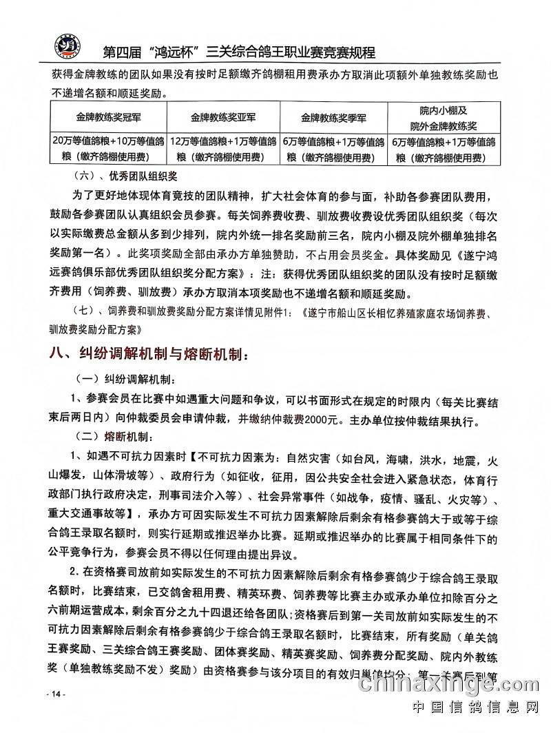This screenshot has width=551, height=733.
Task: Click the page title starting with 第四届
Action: (x=238, y=52)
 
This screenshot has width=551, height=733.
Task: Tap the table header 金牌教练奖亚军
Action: (x=223, y=117)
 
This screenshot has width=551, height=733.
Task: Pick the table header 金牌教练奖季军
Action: (x=333, y=117)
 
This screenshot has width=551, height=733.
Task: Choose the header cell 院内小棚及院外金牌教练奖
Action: (x=444, y=117)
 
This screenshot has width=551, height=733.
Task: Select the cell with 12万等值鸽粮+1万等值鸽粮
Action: (x=223, y=150)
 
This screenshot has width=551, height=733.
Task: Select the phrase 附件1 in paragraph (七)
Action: (x=280, y=311)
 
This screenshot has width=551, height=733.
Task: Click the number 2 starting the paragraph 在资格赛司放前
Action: (x=73, y=572)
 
